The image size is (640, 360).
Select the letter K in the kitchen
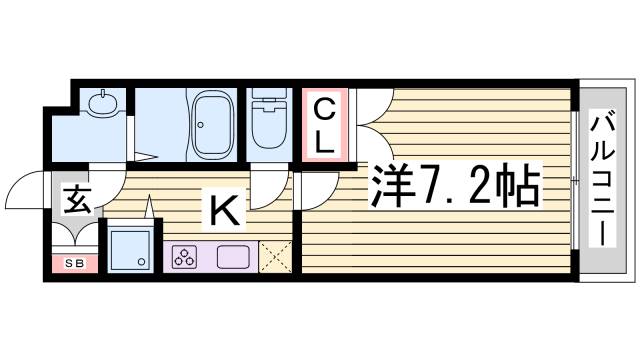coord(223,210)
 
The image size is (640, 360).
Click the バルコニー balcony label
coord(602,181)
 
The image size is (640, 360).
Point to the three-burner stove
coord(185,256)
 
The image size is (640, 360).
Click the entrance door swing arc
coord(25,190)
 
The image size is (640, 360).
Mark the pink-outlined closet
coord(325,125)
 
